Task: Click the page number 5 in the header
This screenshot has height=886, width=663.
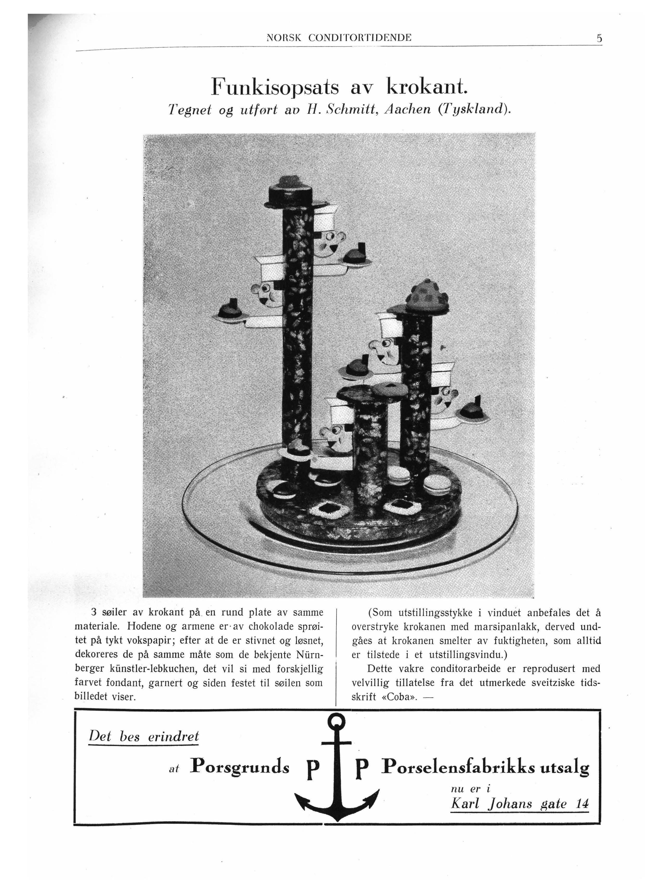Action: coord(599,38)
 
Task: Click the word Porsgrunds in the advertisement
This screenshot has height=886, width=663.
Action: coord(239,767)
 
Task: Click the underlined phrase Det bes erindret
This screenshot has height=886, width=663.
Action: coord(144,736)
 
